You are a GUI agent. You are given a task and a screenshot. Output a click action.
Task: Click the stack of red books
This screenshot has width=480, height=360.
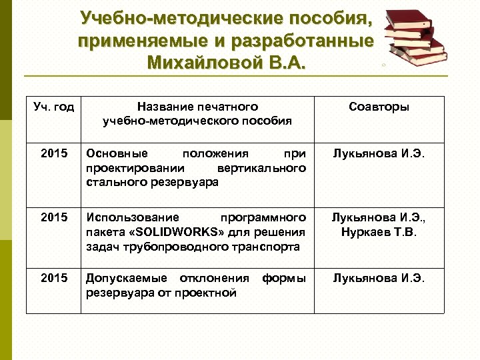point(417,37)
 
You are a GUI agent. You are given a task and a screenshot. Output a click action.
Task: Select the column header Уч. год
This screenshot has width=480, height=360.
point(54,107)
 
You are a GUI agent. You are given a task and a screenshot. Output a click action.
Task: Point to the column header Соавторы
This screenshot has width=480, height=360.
point(379,107)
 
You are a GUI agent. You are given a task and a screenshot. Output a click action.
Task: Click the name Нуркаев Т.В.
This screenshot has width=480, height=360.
point(379,231)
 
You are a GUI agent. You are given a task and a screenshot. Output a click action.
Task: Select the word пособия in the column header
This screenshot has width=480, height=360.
point(267,121)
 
